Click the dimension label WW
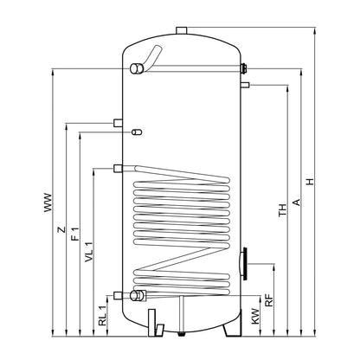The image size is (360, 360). [48, 202]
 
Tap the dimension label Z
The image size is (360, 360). [61, 229]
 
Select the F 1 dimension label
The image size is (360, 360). [75, 234]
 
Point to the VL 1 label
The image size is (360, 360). [89, 252]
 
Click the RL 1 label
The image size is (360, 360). [103, 316]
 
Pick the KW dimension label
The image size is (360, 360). [255, 316]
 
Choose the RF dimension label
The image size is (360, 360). [269, 300]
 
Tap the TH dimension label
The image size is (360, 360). [283, 209]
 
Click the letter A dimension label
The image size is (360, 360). [296, 202]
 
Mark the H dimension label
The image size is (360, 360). [310, 182]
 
